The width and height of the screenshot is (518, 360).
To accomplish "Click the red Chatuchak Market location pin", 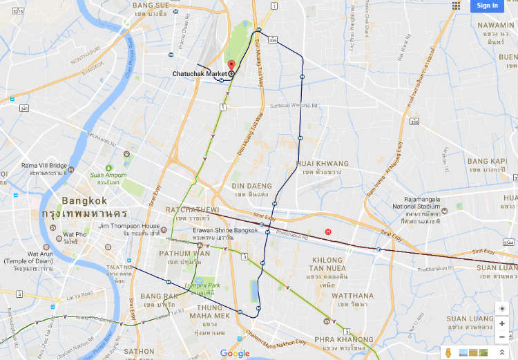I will pos(231,66).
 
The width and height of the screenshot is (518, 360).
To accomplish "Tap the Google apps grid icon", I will pos(457,6).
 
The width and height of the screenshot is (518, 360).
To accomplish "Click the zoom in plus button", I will pos(501,323).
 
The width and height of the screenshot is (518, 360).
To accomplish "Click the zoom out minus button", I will pos(501,337).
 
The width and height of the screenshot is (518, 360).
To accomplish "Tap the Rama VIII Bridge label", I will pos(44,166).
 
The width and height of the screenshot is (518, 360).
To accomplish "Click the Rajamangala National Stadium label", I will pos(423,206).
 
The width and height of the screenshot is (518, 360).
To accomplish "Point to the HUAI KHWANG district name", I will pos(322,164).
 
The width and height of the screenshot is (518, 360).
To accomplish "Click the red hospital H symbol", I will pos(328,231).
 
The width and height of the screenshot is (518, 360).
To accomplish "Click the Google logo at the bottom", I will pos(235,353).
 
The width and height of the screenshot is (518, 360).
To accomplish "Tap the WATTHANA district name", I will pos(352,296).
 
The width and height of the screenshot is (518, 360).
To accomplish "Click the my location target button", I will pos(501,308).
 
